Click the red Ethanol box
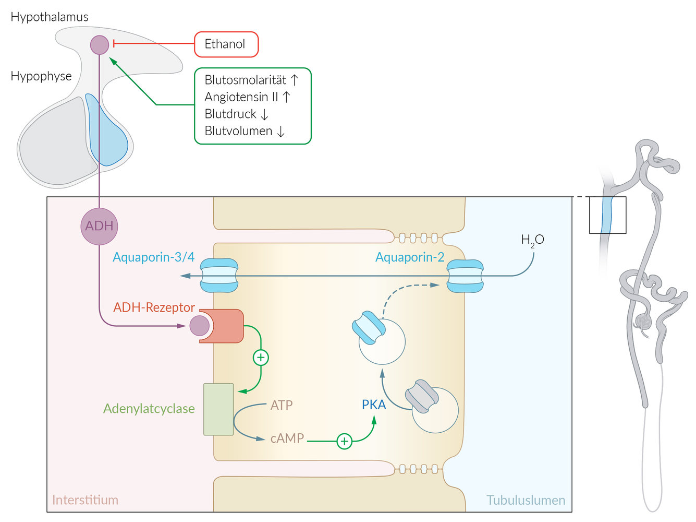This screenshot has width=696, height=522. [226, 44]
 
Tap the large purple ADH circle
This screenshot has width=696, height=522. [99, 226]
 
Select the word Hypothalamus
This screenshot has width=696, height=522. [50, 17]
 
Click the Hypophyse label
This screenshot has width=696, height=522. [41, 76]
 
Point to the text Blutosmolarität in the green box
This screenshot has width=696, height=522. [246, 80]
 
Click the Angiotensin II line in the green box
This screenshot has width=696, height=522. [241, 97]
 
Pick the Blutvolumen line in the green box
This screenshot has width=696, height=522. [238, 131]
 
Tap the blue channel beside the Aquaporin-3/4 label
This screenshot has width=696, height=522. [219, 276]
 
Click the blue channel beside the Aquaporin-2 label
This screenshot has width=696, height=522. [465, 276]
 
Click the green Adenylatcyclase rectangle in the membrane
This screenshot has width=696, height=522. [218, 409]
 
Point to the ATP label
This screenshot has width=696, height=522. [282, 405]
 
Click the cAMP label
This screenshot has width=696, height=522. [287, 438]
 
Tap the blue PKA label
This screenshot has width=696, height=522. [374, 405]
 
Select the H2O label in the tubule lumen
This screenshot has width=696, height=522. [532, 240]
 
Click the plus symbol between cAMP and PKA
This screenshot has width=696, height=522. [344, 441]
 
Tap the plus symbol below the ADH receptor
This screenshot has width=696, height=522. [261, 358]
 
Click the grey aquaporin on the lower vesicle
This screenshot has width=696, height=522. [422, 396]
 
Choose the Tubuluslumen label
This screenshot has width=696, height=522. [526, 500]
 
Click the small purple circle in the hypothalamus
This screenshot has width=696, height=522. [100, 45]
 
